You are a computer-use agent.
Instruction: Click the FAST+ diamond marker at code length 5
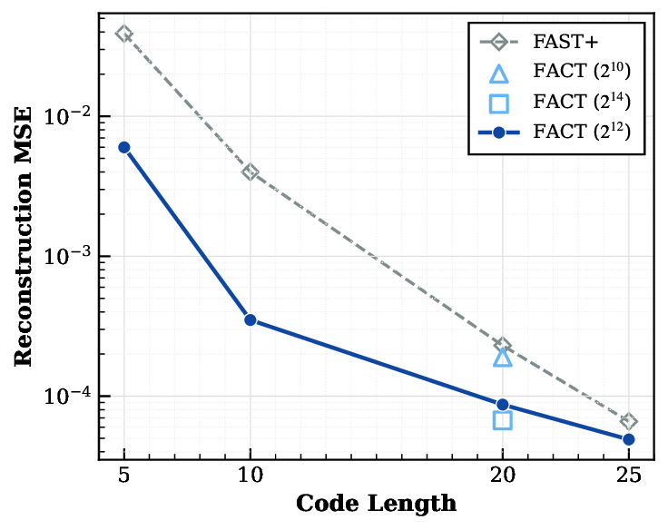[x=124, y=34]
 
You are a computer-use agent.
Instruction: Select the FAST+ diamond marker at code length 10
[x=250, y=172]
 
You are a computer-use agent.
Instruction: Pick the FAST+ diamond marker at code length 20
[x=503, y=346]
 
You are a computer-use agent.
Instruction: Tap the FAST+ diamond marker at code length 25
[x=628, y=421]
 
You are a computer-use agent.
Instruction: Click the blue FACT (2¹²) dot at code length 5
[x=124, y=147]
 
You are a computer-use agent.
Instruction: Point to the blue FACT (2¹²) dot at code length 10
[x=250, y=319]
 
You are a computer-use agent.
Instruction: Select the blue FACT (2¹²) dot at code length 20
[x=503, y=405]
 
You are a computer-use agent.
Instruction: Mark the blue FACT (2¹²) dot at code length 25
[x=628, y=439]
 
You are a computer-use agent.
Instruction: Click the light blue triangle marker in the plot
[x=503, y=358]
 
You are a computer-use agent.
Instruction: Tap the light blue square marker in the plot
[x=503, y=420]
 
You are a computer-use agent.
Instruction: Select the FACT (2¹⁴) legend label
[x=582, y=103]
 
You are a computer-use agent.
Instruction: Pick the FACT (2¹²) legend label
[x=582, y=133]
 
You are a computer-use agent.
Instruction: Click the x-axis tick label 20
[x=503, y=475]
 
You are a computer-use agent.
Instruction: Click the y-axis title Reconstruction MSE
[x=25, y=235]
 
